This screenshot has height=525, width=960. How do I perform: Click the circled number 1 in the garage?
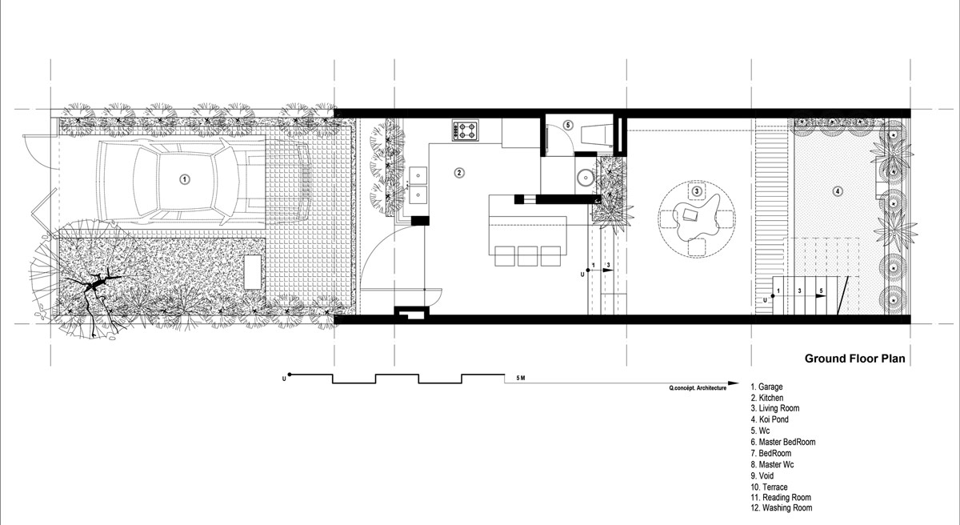[184, 179]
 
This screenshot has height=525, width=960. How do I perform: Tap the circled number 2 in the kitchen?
[459, 173]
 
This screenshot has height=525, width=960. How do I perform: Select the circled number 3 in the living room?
[697, 191]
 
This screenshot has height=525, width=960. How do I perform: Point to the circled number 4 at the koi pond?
[838, 191]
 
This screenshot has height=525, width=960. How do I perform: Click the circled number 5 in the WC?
[568, 125]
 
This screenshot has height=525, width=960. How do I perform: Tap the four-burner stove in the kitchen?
[465, 130]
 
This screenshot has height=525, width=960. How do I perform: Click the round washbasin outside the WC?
[585, 178]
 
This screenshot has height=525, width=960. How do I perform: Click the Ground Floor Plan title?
[854, 359]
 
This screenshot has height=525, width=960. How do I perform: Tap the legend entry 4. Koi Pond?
[770, 419]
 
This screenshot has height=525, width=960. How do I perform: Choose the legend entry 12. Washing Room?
[782, 508]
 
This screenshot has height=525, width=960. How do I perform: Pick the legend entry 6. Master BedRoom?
[783, 442]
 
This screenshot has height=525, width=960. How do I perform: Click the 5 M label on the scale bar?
[520, 378]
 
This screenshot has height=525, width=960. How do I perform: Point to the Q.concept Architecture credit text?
[698, 388]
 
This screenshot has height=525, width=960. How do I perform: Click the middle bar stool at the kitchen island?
[527, 256]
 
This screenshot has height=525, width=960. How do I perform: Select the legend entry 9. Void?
[762, 475]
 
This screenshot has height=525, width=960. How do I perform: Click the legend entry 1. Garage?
[766, 387]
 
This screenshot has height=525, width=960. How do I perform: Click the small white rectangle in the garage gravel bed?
[253, 272]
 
